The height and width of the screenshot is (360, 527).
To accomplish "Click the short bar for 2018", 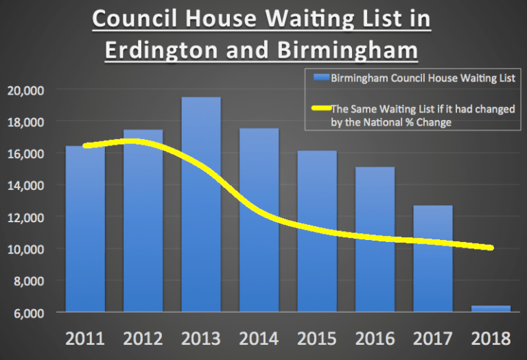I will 491,309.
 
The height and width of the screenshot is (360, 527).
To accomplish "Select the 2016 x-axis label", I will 375,339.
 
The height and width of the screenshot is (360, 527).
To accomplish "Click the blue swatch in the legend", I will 320,78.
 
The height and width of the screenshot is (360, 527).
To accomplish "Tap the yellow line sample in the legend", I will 320,109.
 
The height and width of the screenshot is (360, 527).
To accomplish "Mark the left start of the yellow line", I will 86,145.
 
